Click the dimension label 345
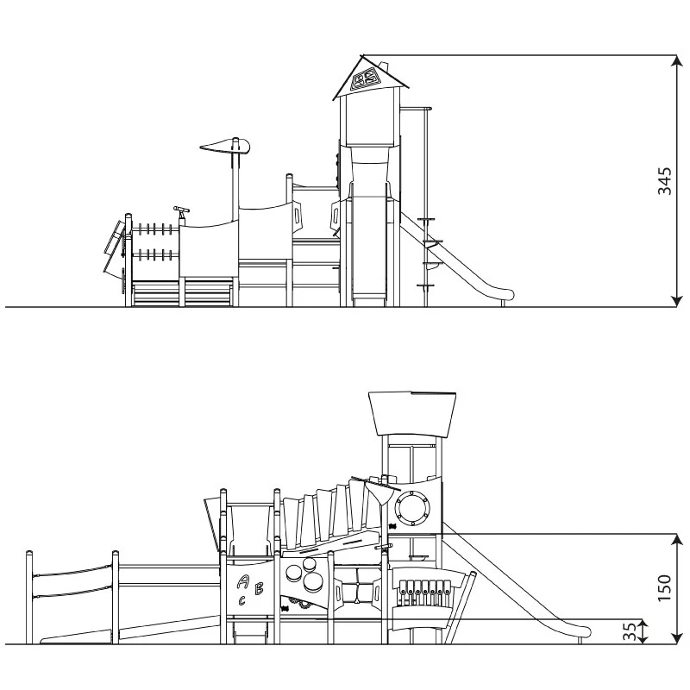coord(664,181)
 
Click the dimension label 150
coord(664,588)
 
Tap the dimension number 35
coord(630,632)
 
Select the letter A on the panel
coord(242,582)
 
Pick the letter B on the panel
coord(260,588)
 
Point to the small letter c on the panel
coord(241,600)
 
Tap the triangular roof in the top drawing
coord(371,78)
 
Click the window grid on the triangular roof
coord(368,79)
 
